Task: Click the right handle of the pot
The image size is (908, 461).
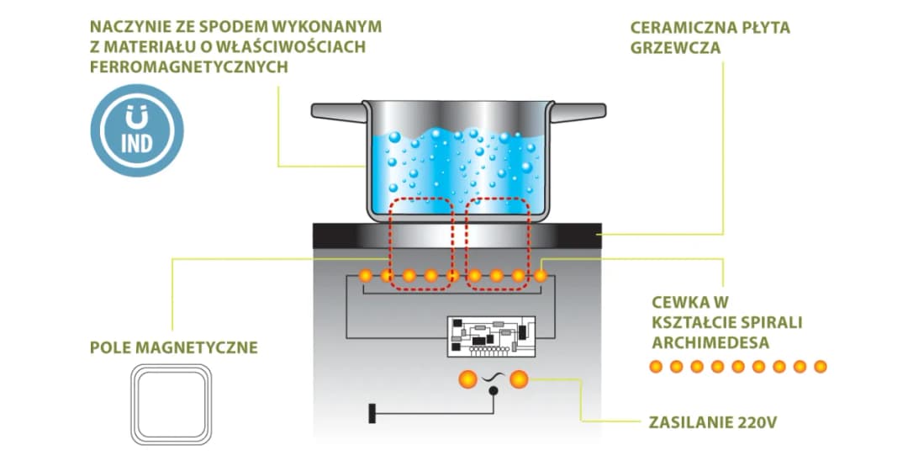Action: [x=579, y=111]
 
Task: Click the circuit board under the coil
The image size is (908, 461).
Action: [x=491, y=334]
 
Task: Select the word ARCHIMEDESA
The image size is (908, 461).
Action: [x=710, y=343]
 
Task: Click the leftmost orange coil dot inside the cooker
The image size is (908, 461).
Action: [x=366, y=275]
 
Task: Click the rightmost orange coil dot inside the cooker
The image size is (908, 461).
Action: [x=541, y=275]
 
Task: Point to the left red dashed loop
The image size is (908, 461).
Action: [x=420, y=244]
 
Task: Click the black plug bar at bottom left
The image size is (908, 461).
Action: [x=371, y=414]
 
